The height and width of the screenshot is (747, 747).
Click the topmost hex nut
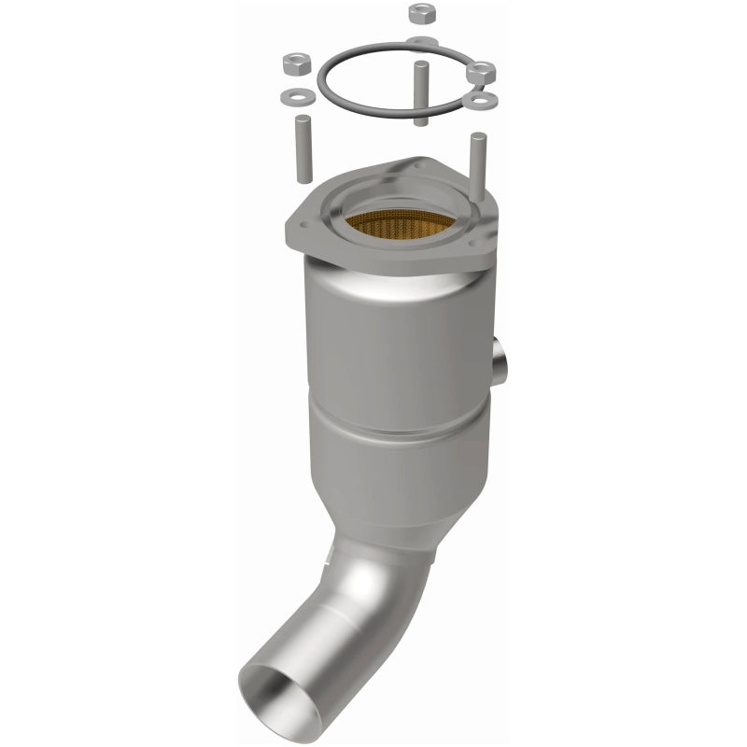tap(418, 13)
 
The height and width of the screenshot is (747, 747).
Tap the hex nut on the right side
tap(483, 71)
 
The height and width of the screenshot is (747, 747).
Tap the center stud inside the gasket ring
tap(420, 93)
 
